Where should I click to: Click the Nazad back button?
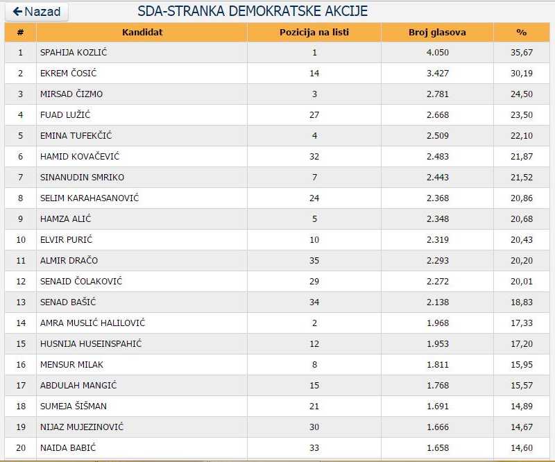(37, 12)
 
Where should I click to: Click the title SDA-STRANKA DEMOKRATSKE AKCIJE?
(253, 12)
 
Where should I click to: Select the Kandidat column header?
(142, 32)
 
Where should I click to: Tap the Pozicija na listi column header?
(314, 32)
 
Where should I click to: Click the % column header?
(522, 32)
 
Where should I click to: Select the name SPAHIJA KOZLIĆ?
(74, 53)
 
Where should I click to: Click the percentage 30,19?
(522, 74)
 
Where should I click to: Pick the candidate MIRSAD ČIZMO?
(71, 94)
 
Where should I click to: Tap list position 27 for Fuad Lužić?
(314, 115)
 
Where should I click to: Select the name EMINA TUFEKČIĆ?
(76, 136)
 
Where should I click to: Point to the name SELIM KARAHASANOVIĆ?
(89, 198)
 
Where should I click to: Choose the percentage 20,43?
(522, 240)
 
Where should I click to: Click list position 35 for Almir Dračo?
(314, 261)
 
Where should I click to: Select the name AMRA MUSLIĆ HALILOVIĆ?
(92, 323)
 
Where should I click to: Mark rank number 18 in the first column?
(20, 407)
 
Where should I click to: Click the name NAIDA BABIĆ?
(68, 448)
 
